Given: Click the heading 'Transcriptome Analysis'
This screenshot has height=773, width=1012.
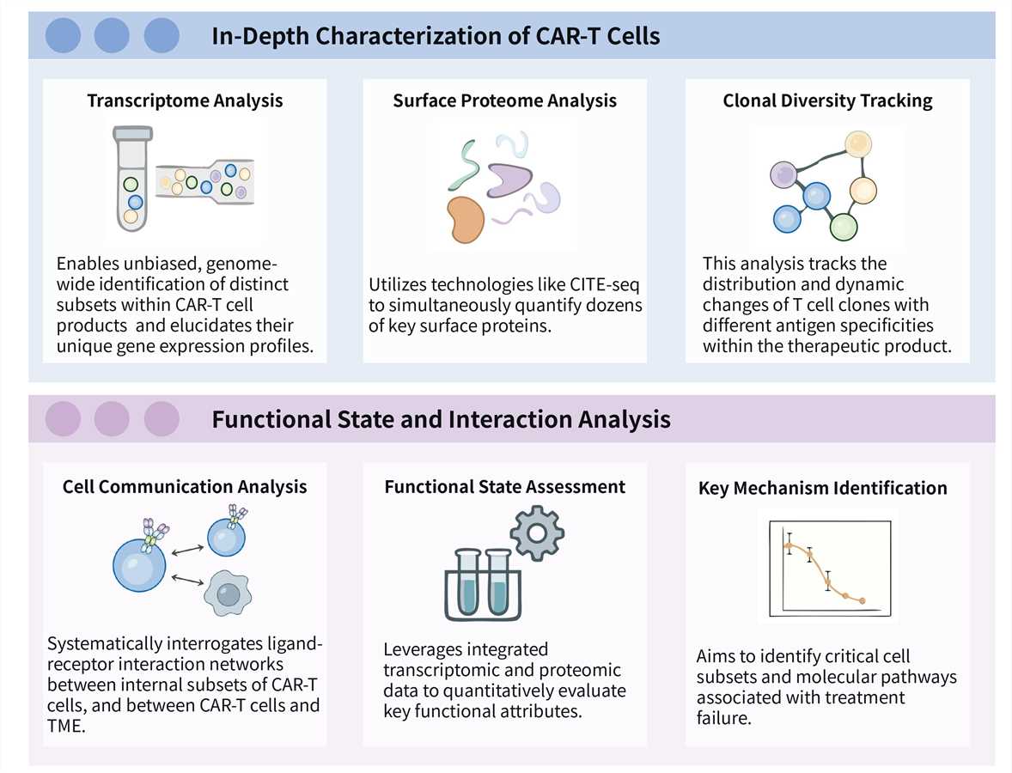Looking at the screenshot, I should point(185,100).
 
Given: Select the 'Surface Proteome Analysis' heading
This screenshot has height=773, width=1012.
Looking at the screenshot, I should point(504,100).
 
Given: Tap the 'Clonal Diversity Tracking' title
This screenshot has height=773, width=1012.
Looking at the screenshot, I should point(827,100).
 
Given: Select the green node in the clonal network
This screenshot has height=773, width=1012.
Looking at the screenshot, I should point(844,227).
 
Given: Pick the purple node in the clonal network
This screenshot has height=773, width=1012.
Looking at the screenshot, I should point(783,175).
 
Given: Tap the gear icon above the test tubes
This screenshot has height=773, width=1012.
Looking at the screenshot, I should point(537,533).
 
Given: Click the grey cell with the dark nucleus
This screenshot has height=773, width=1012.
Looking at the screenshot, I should point(227,593).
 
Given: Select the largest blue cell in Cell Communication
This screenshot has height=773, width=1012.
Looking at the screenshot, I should point(138,566).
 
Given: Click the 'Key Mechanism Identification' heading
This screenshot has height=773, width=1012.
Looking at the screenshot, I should point(822,488).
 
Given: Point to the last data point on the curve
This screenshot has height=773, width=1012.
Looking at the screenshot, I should point(863,600).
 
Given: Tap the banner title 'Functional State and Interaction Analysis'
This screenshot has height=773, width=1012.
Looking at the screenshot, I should point(441,419).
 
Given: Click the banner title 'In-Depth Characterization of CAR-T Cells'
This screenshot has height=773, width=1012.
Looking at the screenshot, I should point(436,36).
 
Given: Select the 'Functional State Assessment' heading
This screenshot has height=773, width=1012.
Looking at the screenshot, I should point(504,487).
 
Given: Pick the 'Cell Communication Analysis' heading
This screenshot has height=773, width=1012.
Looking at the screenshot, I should point(185,487).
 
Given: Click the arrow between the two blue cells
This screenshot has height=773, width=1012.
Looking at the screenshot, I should point(186,546).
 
